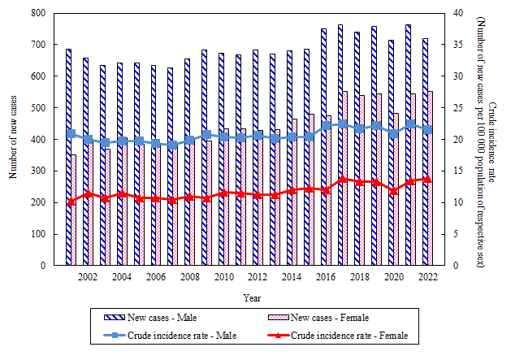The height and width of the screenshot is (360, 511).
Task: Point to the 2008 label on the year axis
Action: [x=189, y=277]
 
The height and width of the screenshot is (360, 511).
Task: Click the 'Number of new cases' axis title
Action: [x=14, y=140]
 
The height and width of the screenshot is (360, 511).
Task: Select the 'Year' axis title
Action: [x=252, y=298]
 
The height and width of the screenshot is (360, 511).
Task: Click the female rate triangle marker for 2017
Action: [x=342, y=179]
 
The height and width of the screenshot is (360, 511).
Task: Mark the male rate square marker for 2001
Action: [x=71, y=133]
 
